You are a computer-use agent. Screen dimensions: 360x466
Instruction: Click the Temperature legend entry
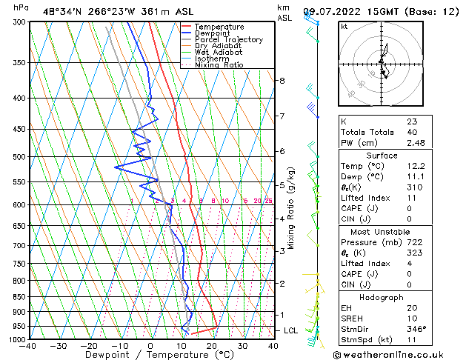coord(219,27)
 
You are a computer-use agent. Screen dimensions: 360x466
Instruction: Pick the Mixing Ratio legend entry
coord(219,65)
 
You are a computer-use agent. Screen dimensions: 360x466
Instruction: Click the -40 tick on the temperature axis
coord(29,345)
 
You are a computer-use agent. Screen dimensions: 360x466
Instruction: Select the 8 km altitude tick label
coord(282,80)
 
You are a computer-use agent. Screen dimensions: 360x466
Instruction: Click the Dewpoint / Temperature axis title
coord(150,355)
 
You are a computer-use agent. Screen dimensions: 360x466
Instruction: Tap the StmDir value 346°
coord(416,329)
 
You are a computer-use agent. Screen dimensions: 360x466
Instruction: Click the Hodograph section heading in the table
coord(382,297)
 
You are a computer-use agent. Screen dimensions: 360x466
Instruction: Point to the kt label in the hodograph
coord(344,27)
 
